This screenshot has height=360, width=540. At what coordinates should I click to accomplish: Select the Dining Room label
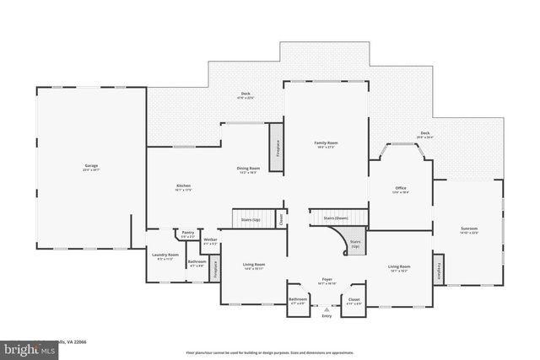click(247, 169)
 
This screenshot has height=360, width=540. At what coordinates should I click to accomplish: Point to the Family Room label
click(326, 143)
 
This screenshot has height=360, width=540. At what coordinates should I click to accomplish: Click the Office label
click(401, 188)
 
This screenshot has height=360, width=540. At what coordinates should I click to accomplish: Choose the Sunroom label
click(468, 228)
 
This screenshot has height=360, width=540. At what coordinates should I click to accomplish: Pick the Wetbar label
click(210, 240)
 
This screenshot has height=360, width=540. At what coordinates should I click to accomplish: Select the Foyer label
click(326, 279)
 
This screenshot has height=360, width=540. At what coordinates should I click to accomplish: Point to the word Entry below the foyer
click(326, 315)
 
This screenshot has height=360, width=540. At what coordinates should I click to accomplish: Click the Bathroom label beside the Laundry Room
click(197, 261)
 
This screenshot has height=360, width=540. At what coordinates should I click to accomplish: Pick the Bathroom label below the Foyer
click(298, 298)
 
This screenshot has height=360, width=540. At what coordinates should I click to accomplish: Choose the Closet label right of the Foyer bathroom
click(354, 298)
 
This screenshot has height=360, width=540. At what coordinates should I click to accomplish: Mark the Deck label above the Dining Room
click(246, 94)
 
